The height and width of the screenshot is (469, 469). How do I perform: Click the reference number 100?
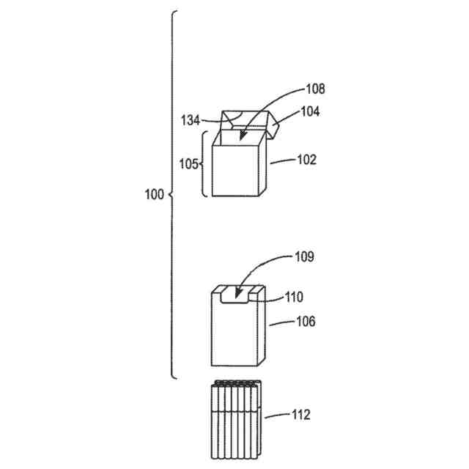154,195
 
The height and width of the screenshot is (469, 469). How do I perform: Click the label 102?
305,160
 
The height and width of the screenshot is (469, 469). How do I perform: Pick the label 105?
188,163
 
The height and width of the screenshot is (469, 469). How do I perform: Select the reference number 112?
300,416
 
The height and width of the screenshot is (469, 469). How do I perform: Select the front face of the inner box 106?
234,333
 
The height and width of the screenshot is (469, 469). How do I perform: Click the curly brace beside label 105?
204,163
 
